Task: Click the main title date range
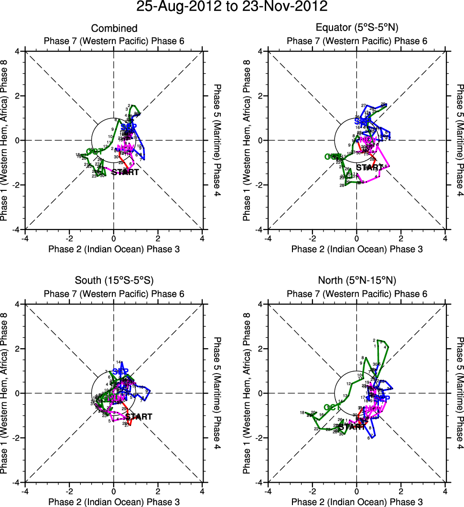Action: [x=232, y=7]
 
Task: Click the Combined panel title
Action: [x=114, y=29]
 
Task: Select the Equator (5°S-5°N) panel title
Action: [x=357, y=29]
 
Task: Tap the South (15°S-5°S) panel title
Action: [x=114, y=280]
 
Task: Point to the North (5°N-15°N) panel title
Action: [x=357, y=280]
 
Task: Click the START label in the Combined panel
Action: [x=125, y=172]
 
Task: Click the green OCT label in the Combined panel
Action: [x=95, y=152]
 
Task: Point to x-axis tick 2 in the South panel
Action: [x=158, y=491]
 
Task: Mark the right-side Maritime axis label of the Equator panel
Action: [x=459, y=140]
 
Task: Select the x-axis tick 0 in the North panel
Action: [x=356, y=491]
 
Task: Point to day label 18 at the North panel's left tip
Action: [x=302, y=412]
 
